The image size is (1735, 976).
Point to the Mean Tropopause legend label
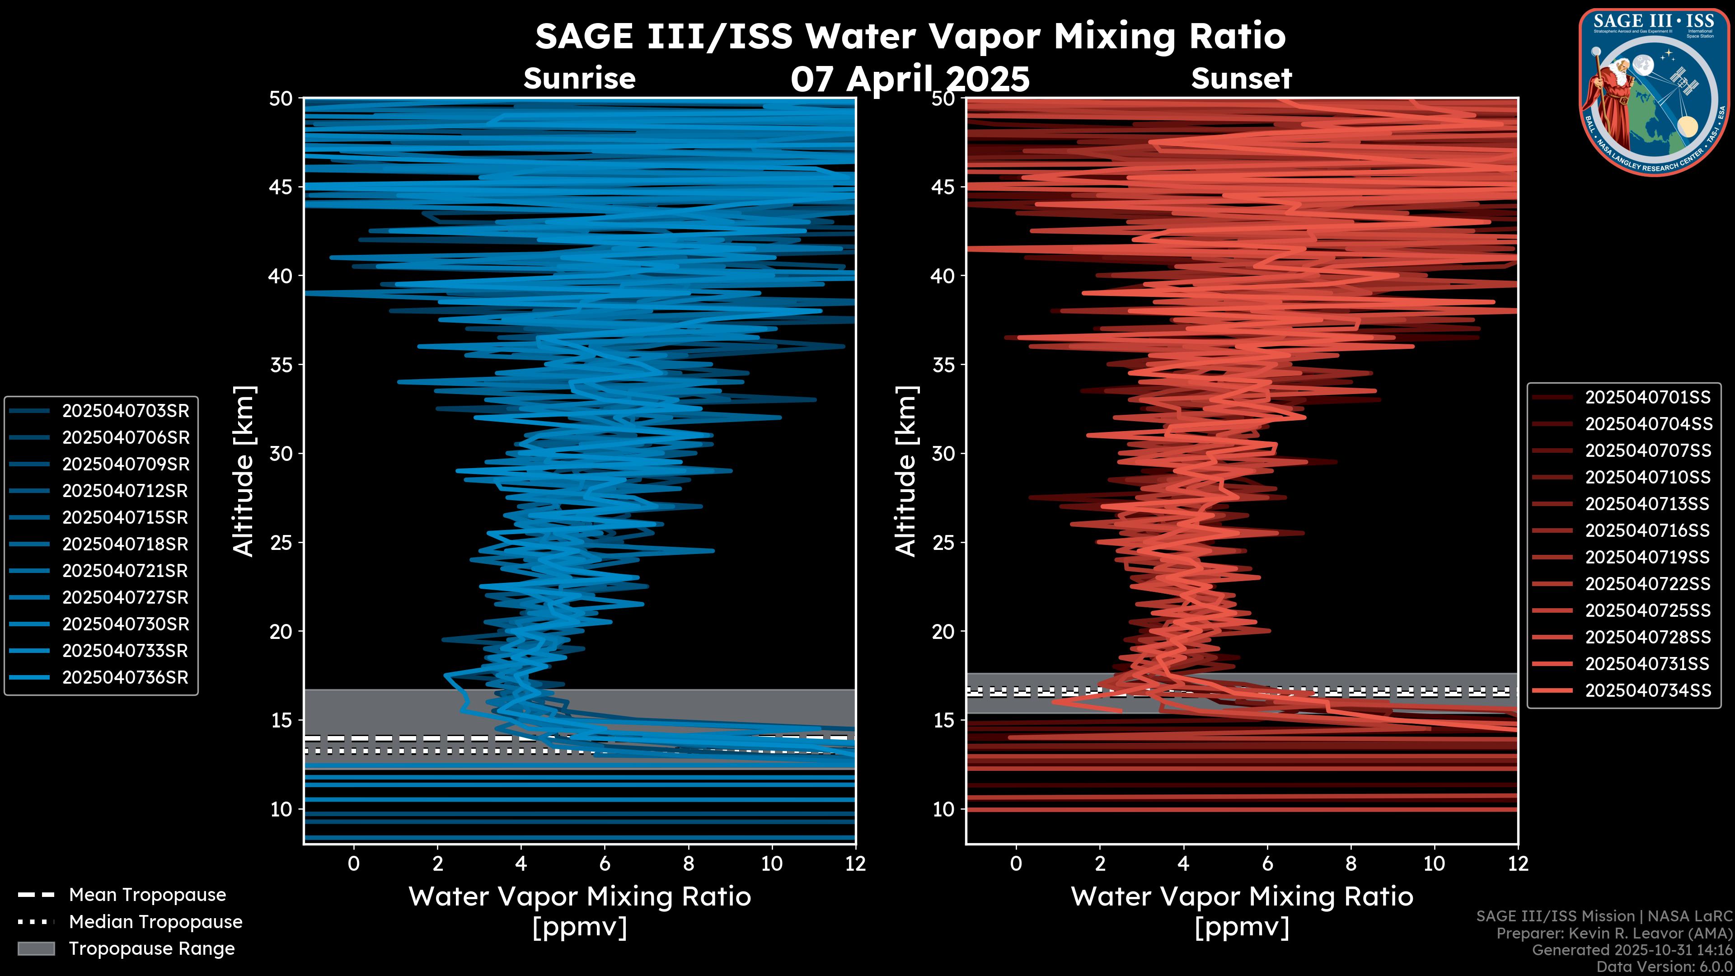click(x=147, y=895)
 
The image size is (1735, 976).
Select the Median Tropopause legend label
click(x=155, y=922)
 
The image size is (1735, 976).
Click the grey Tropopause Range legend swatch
click(x=36, y=948)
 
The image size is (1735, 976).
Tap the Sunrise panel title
click(x=579, y=79)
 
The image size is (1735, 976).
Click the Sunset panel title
click(x=1241, y=79)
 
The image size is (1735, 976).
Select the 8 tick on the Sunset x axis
click(x=1350, y=863)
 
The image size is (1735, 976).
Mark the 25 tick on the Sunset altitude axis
click(x=944, y=543)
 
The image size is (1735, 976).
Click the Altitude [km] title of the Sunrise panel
click(x=244, y=471)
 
